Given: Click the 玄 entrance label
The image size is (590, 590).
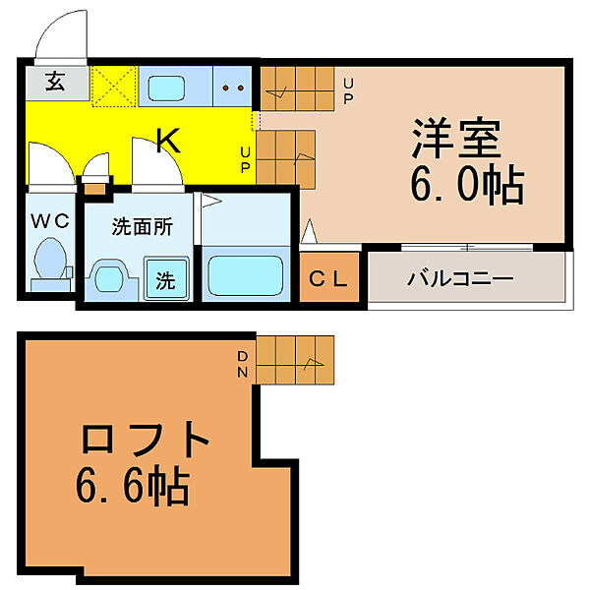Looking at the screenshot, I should [x=54, y=82].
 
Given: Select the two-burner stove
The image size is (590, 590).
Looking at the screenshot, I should [x=233, y=87].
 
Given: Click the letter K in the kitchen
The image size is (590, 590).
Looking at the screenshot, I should [x=168, y=142].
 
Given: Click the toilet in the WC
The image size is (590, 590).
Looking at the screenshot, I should [x=48, y=265].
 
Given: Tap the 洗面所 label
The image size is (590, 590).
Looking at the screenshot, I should [x=142, y=226].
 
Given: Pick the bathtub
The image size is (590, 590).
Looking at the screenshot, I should [x=244, y=274].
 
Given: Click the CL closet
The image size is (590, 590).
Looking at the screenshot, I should [x=329, y=279].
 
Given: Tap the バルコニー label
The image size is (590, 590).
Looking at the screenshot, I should [x=460, y=278].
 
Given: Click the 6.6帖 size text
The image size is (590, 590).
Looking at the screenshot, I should [x=133, y=484].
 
